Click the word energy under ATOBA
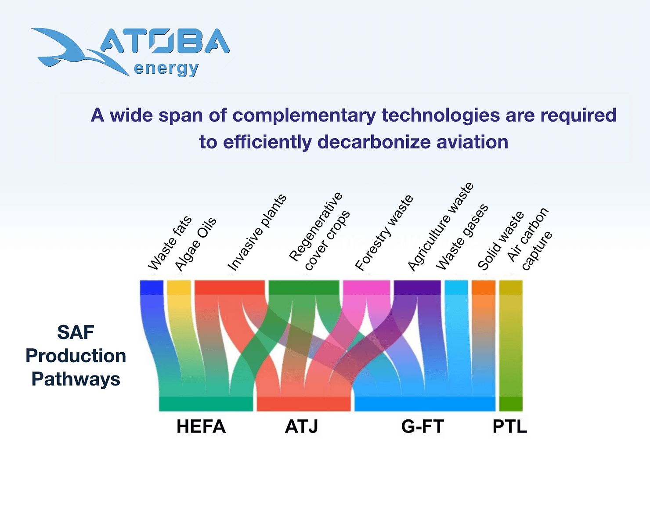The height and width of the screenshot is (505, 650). pyautogui.click(x=166, y=69)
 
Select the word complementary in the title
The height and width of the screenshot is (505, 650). pyautogui.click(x=304, y=115)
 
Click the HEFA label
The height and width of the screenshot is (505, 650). pyautogui.click(x=201, y=426)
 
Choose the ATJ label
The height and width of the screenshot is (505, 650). pyautogui.click(x=301, y=426)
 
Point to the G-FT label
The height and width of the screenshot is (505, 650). pyautogui.click(x=422, y=426)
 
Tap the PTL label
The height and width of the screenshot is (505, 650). pyautogui.click(x=510, y=426)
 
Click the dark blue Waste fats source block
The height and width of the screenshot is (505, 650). pyautogui.click(x=152, y=287)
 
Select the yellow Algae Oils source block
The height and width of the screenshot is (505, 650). pyautogui.click(x=179, y=287)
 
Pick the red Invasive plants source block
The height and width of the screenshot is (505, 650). pyautogui.click(x=230, y=287)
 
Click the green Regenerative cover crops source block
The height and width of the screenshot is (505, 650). pyautogui.click(x=304, y=287)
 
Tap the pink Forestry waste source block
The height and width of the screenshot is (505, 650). pyautogui.click(x=366, y=287)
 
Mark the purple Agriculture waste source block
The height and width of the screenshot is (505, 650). pyautogui.click(x=417, y=287)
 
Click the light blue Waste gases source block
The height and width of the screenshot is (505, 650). pyautogui.click(x=456, y=287)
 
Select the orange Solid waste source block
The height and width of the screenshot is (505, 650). pyautogui.click(x=484, y=287)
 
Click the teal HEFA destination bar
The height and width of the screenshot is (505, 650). pyautogui.click(x=206, y=404)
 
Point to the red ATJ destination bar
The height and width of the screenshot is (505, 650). pyautogui.click(x=303, y=404)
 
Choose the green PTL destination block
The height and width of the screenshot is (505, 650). pyautogui.click(x=511, y=404)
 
